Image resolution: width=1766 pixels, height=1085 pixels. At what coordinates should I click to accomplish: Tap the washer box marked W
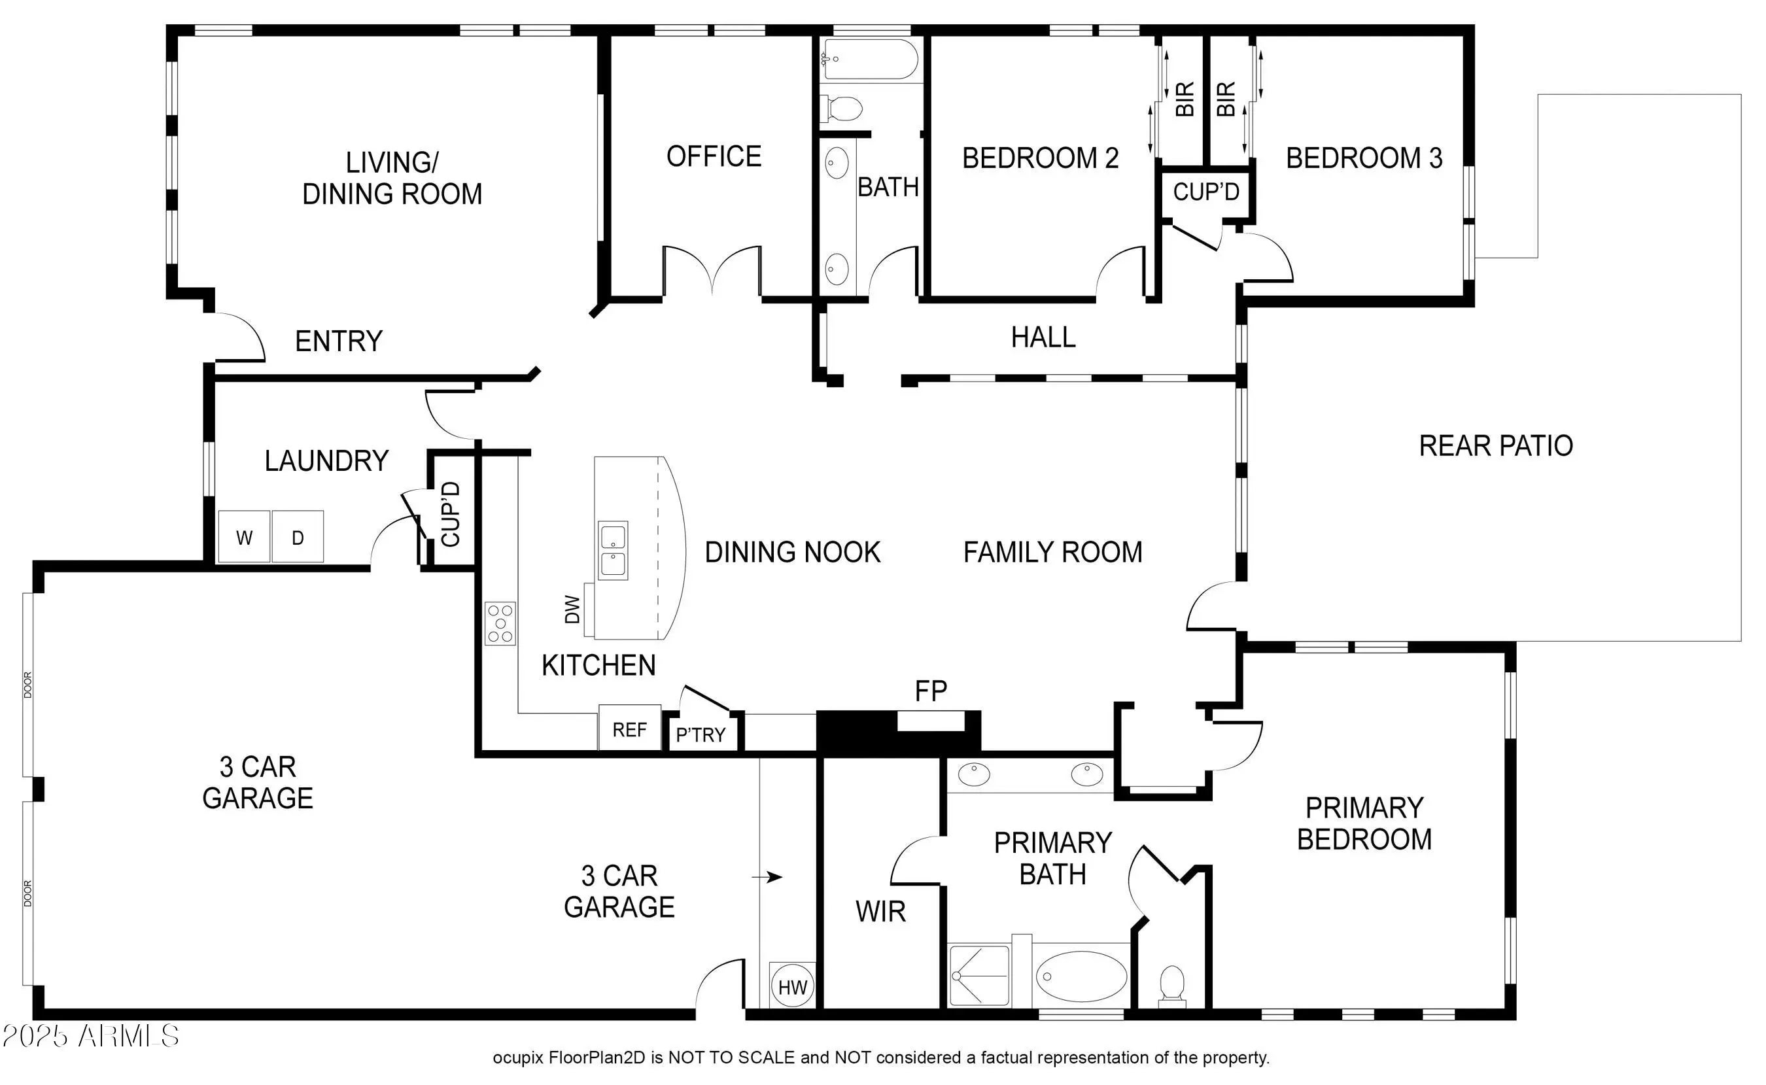click(244, 537)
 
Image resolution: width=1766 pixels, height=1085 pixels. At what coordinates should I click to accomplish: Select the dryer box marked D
click(298, 537)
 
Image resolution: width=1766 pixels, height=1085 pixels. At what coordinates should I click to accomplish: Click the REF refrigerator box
click(630, 728)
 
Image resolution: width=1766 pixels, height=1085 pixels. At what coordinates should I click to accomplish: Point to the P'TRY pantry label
click(701, 735)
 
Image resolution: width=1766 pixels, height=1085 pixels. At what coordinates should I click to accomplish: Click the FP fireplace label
click(931, 691)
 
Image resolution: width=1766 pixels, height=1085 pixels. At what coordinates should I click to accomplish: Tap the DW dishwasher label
click(572, 610)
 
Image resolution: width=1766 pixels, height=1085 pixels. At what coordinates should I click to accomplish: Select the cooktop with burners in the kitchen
click(500, 623)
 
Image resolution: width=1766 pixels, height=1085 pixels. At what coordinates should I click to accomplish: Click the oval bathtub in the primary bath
click(1081, 976)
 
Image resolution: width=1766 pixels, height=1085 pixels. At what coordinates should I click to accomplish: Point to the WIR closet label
click(880, 911)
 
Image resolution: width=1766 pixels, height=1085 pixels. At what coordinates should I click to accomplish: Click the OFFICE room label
click(714, 156)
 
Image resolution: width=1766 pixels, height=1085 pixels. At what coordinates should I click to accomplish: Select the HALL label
click(1043, 337)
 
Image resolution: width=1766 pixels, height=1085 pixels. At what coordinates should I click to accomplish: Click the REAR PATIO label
click(1496, 445)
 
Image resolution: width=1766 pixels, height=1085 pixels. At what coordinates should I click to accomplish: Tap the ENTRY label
click(339, 341)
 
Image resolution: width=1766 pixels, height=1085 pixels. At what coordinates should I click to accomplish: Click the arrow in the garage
click(767, 877)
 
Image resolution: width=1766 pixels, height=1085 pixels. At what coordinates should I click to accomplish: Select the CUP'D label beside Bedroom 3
click(1206, 192)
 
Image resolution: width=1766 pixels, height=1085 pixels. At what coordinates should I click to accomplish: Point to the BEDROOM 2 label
click(1041, 158)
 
